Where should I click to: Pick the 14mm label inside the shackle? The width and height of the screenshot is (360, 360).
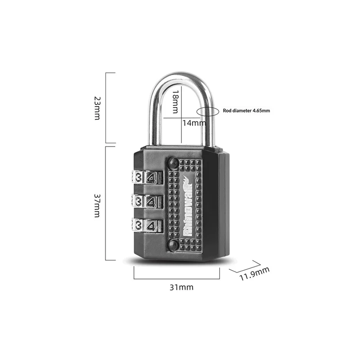coord(193,122)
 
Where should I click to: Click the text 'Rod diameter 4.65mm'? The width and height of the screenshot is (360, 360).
coord(246,111)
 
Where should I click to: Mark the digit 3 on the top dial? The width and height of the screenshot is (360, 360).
coord(139,176)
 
